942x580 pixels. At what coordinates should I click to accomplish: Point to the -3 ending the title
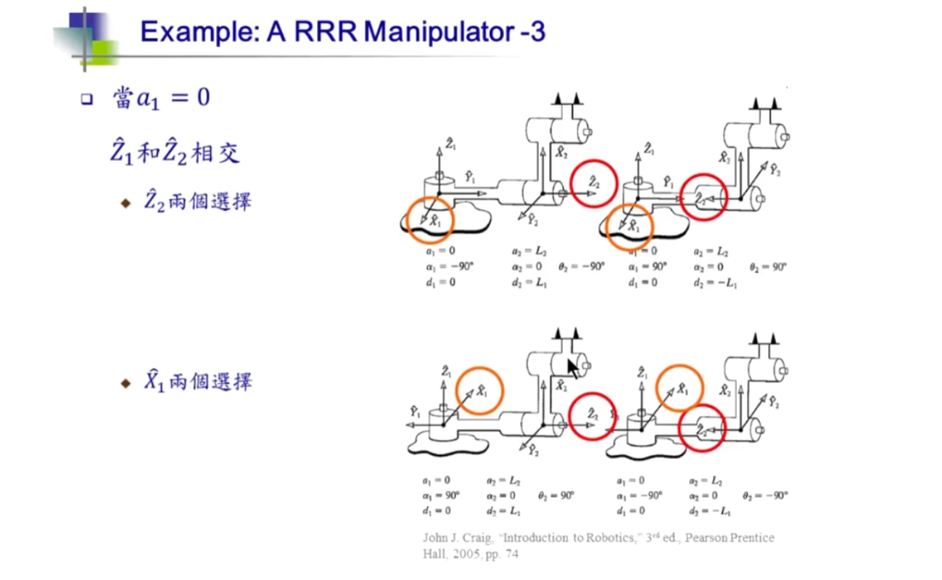tap(529, 32)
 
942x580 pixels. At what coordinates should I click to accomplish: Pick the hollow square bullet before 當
tap(88, 99)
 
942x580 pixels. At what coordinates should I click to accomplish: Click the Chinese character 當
tap(122, 97)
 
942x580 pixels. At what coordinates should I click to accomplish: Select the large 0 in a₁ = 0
tap(202, 97)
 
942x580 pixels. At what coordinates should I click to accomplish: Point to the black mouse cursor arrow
tap(574, 368)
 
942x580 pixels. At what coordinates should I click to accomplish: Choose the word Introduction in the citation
tap(537, 538)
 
